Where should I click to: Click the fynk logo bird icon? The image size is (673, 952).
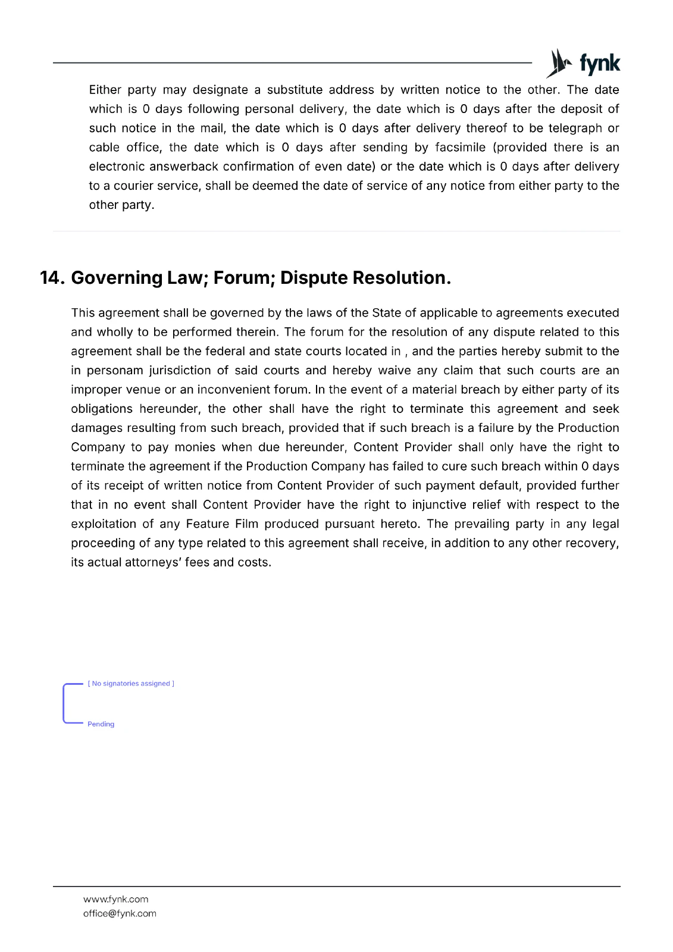tap(558, 63)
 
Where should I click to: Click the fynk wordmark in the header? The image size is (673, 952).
tap(599, 63)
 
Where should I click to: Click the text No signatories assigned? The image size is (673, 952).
tap(131, 684)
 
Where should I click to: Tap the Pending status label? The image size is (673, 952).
tap(101, 724)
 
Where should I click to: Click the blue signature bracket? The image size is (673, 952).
tap(64, 704)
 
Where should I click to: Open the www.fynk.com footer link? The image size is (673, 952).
tap(116, 900)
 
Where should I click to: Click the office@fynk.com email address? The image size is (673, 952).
tap(120, 914)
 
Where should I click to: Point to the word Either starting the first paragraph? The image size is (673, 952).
tap(105, 90)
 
